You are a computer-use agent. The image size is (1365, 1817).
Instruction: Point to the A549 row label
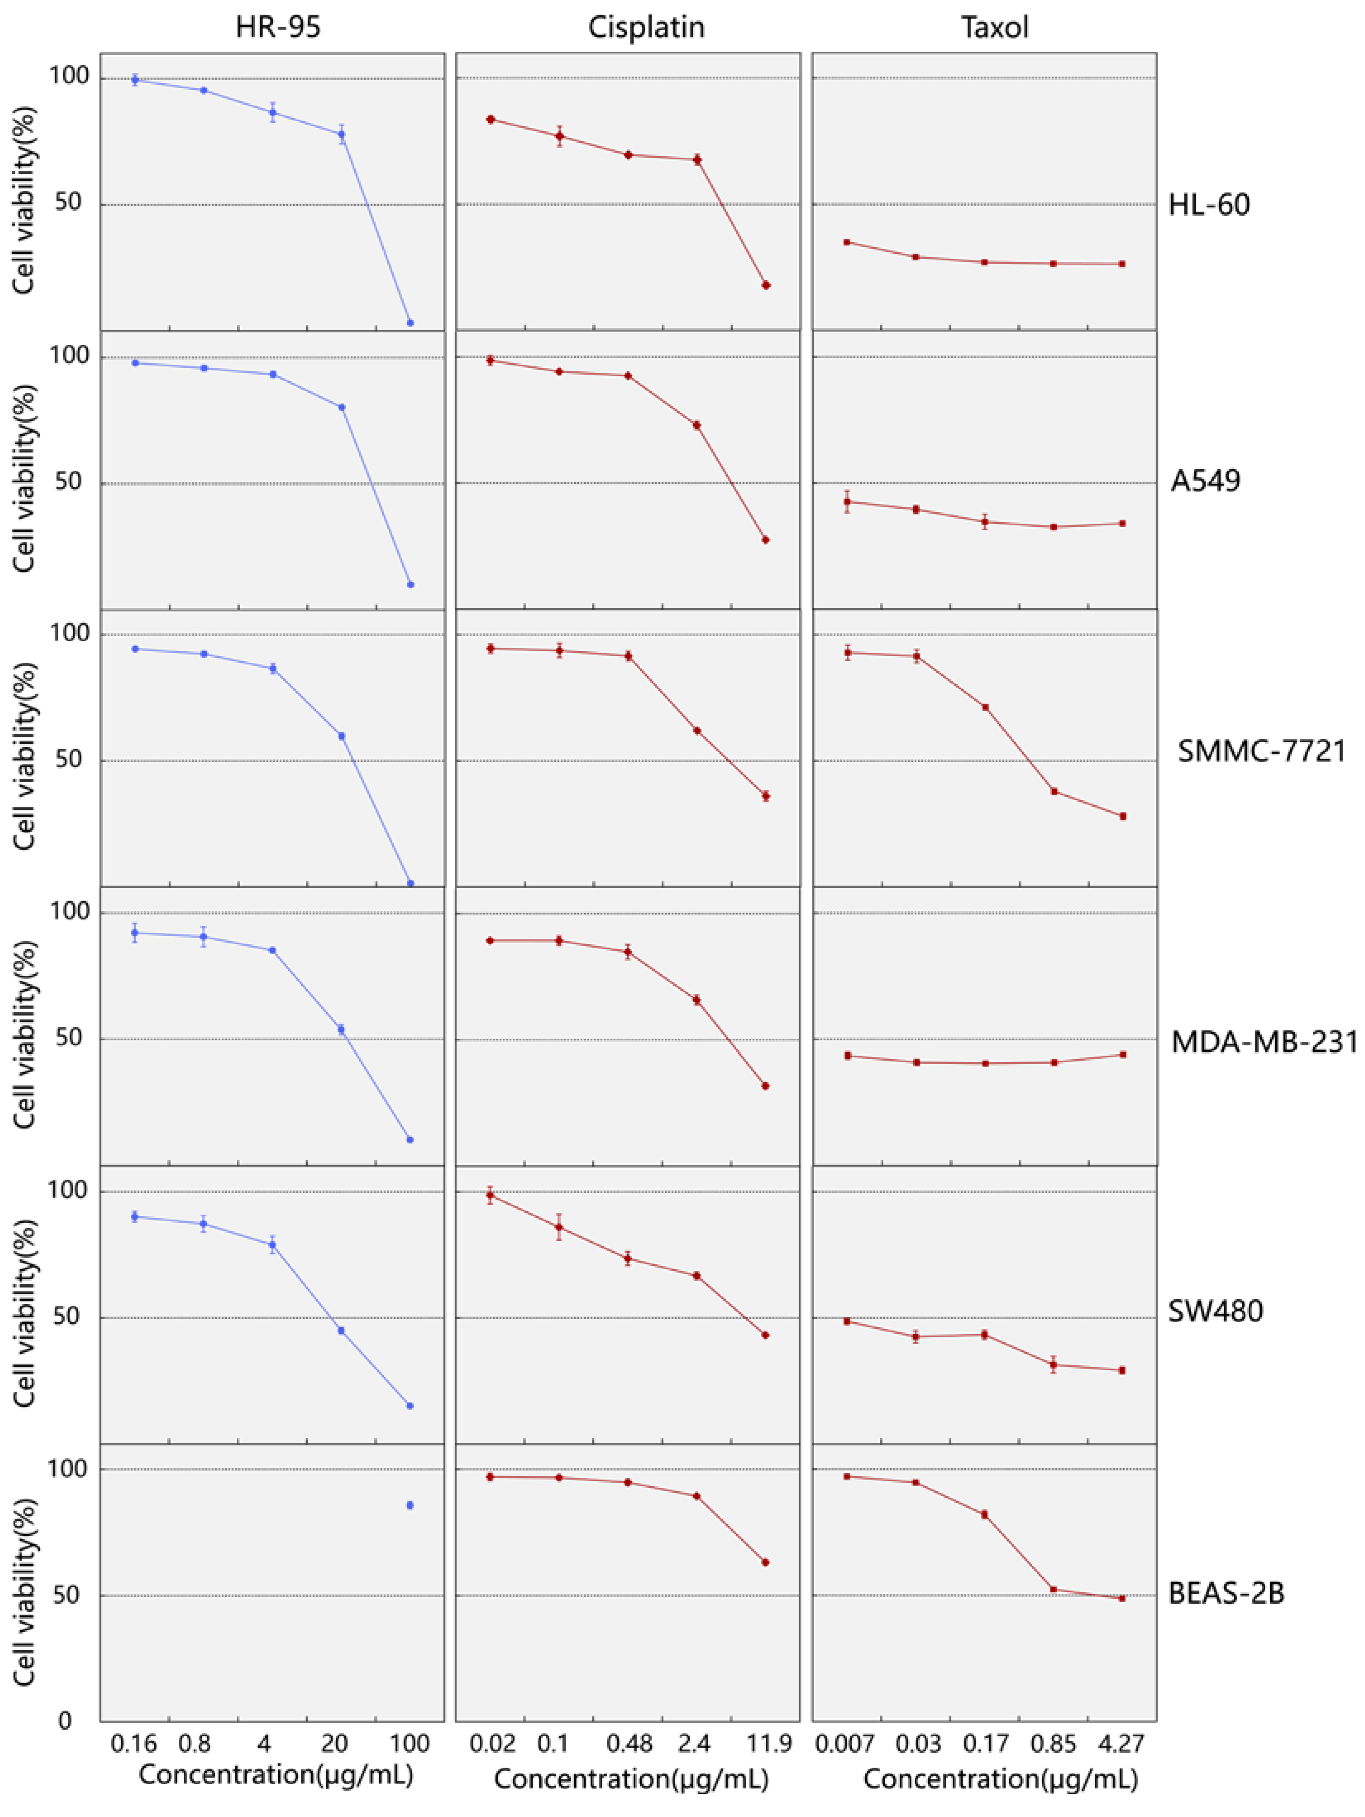tap(1205, 481)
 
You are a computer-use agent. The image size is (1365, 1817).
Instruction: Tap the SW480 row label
tap(1216, 1311)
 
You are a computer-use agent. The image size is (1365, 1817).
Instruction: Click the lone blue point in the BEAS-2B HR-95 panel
tap(410, 1505)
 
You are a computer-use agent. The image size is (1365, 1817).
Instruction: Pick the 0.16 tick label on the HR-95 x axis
tap(135, 1743)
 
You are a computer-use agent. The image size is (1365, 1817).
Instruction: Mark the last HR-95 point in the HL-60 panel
tap(410, 323)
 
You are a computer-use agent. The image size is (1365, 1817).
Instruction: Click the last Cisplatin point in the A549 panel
tap(765, 540)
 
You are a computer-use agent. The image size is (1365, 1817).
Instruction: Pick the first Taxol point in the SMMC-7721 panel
tap(847, 653)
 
